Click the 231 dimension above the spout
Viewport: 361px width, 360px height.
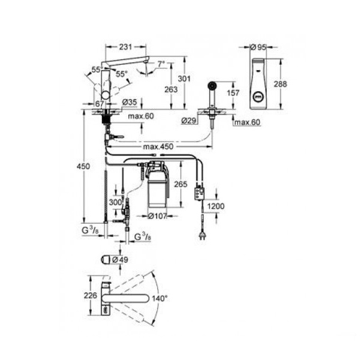pos(125,47)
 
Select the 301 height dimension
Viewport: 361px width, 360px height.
pos(184,79)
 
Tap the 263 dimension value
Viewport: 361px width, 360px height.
pos(171,89)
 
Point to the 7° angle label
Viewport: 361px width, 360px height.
pos(161,64)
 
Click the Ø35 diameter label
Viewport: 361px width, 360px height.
pos(130,102)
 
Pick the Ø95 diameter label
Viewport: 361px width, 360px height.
pos(258,47)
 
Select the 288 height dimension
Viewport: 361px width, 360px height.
pos(280,84)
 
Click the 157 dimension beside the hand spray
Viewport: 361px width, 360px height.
pos(233,92)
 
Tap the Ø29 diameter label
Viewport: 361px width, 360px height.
pos(188,121)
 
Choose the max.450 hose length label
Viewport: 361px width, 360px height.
pos(158,146)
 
